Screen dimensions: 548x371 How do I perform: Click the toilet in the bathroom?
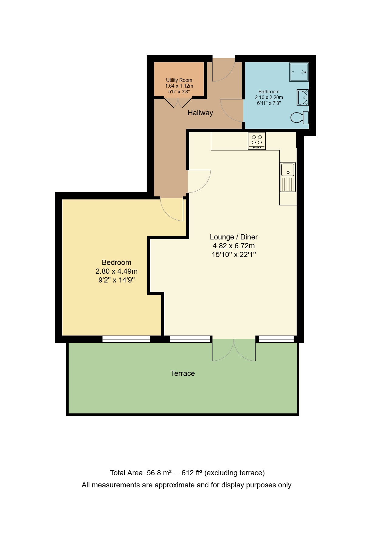[299, 118]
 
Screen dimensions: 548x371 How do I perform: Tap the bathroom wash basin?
[303, 98]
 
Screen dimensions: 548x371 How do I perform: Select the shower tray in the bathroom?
[299, 72]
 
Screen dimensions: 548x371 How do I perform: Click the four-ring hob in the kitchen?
[257, 141]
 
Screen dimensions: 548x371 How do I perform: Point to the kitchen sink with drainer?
[288, 177]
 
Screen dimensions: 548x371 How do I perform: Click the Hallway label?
[200, 113]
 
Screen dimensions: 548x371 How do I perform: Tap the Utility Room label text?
[179, 80]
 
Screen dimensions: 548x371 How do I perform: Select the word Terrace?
[183, 373]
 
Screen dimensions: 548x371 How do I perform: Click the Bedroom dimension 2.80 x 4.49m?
[117, 271]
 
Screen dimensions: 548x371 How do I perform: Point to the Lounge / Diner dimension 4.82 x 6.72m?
[234, 246]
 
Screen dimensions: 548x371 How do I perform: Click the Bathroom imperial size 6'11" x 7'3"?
[269, 103]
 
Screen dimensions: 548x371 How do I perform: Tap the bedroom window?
[126, 339]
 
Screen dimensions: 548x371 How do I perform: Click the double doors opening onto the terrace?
[234, 350]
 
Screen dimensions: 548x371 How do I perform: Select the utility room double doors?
[178, 102]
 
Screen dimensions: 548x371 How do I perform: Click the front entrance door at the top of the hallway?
[223, 72]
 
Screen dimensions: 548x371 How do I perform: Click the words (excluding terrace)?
[235, 473]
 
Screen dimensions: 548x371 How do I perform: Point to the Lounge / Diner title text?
[234, 237]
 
